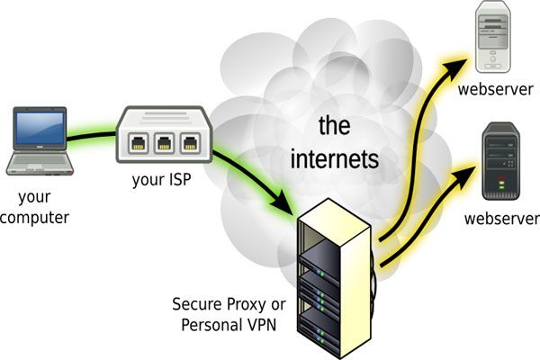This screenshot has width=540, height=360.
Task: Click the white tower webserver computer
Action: tap(492, 39)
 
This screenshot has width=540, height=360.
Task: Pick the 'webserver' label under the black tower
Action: tap(500, 219)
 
